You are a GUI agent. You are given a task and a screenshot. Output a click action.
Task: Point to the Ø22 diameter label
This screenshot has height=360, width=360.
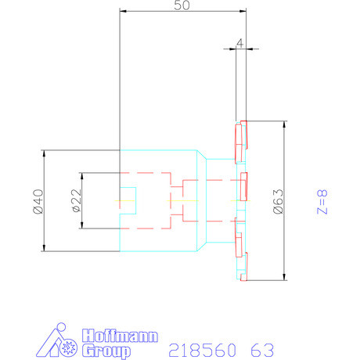coord(75,200)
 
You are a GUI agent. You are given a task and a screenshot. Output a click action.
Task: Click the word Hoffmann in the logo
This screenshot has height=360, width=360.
coord(119,337)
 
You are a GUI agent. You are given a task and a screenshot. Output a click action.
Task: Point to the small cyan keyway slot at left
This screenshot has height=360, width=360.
coord(128,200)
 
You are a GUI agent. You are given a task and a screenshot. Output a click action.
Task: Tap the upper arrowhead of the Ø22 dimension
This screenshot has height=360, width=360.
coord(81,175)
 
